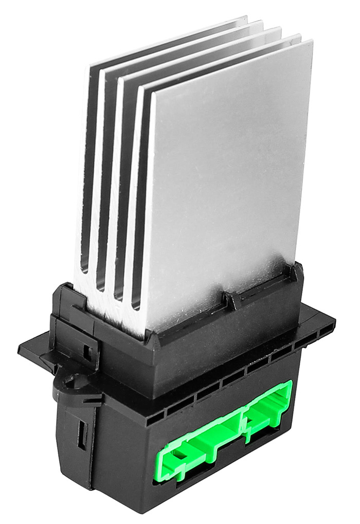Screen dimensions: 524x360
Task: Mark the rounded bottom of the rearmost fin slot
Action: click(84, 269)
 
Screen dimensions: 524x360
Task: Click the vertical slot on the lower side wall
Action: click(81, 434)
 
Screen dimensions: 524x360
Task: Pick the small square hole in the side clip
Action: click(87, 352)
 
